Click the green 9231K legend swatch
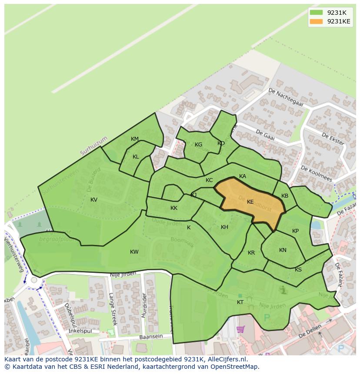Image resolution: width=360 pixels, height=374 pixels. (316, 13)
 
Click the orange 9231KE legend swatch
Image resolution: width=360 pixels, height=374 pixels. (316, 21)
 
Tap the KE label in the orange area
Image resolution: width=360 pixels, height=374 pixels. (250, 202)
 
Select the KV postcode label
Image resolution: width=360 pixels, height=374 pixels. (94, 200)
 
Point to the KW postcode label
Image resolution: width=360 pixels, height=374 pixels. (134, 252)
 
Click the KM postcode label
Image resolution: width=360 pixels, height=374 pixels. (135, 139)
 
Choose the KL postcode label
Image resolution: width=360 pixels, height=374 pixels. (136, 157)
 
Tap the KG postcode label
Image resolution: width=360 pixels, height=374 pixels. (198, 145)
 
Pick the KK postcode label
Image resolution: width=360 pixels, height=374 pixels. (174, 208)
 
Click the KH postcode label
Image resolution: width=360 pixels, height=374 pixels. (224, 227)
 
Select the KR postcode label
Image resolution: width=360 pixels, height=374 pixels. (251, 253)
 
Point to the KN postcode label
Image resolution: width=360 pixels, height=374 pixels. (283, 250)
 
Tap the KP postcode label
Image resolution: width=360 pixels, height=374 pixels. (296, 231)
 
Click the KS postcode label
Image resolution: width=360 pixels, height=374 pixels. (298, 270)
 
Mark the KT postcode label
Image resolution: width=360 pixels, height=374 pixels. (240, 302)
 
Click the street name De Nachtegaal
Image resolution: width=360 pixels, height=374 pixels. (285, 97)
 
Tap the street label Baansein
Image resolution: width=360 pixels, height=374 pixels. (151, 337)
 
